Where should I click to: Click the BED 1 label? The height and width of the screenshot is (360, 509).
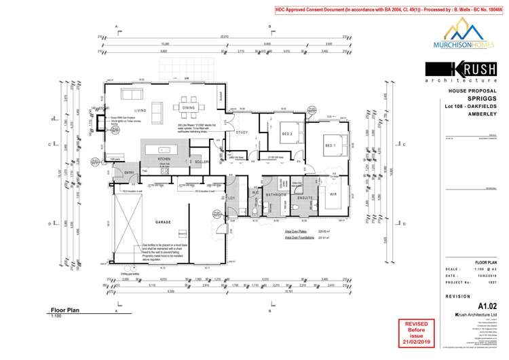point(331,145)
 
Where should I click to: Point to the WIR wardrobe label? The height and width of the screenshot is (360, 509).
point(333,194)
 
